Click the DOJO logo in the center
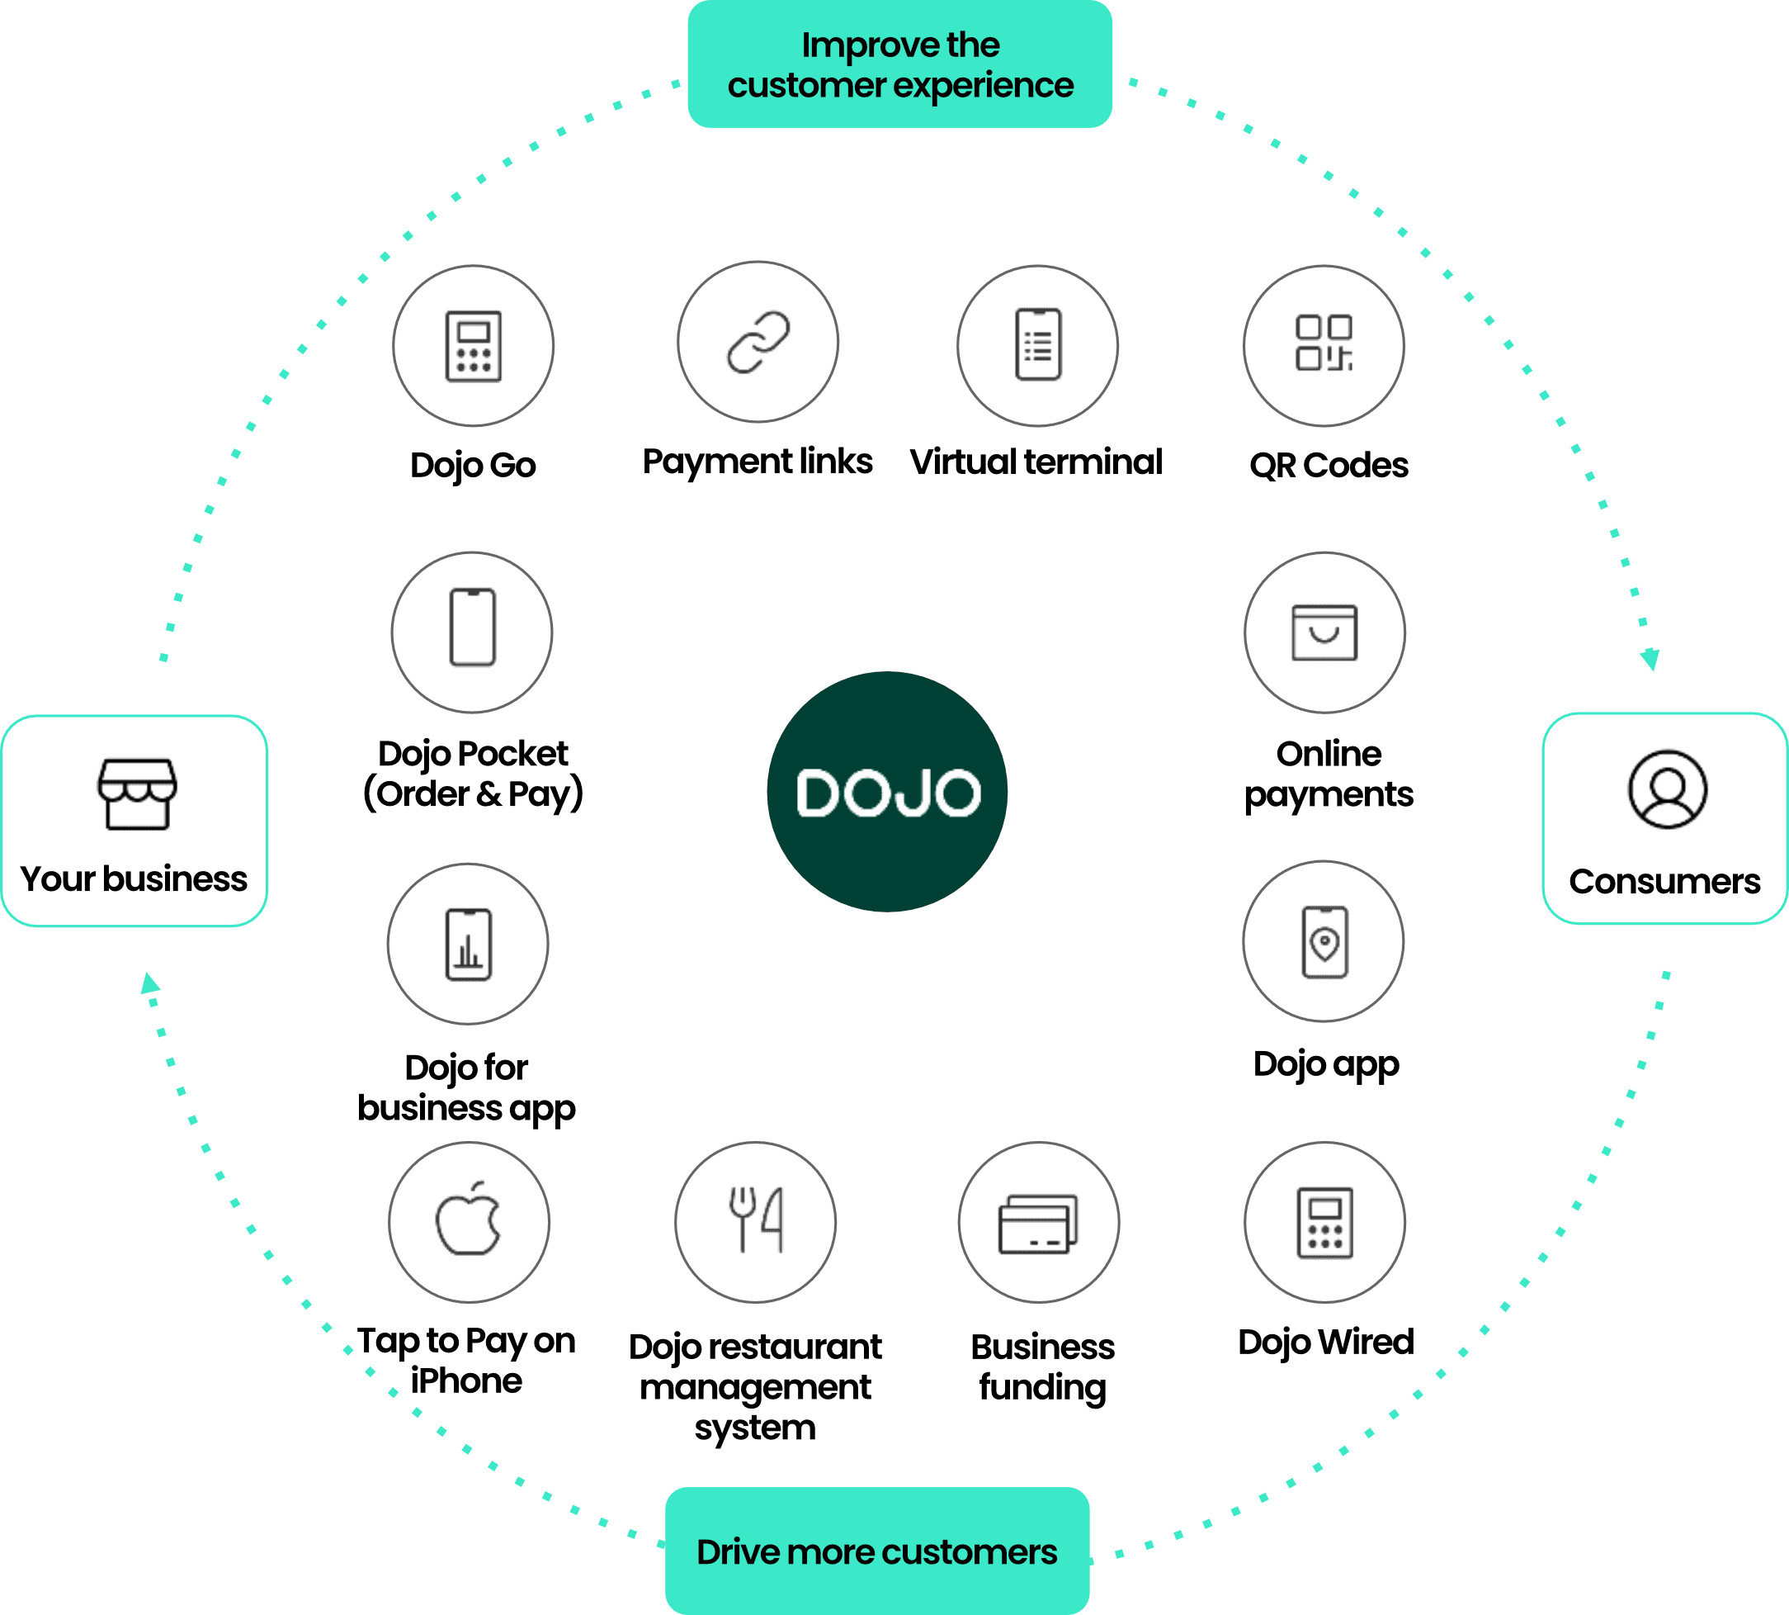click(x=887, y=792)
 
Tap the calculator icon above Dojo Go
click(x=473, y=346)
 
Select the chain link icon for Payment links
click(x=758, y=342)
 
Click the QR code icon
click(x=1324, y=343)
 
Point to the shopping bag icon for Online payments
click(x=1324, y=632)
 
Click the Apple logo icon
click(x=469, y=1220)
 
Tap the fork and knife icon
click(x=756, y=1220)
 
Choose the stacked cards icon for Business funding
click(x=1038, y=1224)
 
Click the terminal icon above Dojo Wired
click(x=1324, y=1222)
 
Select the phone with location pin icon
click(x=1324, y=941)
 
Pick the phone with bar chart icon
click(x=469, y=945)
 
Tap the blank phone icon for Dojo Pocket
click(x=472, y=628)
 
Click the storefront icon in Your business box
click(x=137, y=793)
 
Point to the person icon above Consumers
click(x=1667, y=789)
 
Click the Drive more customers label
click(x=876, y=1551)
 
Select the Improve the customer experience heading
click(x=899, y=64)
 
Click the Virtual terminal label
click(x=1035, y=462)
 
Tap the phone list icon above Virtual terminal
click(x=1038, y=344)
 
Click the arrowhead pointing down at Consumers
click(x=1650, y=660)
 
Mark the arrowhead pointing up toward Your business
click(x=150, y=983)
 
